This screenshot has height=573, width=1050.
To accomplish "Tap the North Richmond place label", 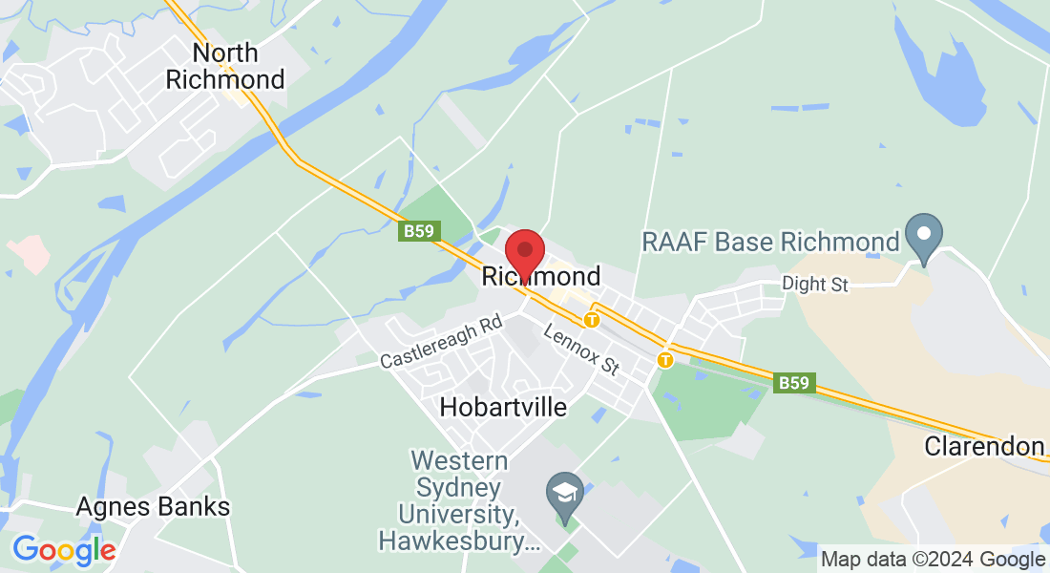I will [225, 65].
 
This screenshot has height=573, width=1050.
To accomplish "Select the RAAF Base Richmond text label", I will [771, 242].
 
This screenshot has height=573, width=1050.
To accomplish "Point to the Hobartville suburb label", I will [503, 407].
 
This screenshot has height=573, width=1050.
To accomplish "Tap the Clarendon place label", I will [984, 446].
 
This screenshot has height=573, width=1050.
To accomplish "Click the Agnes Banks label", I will [153, 506].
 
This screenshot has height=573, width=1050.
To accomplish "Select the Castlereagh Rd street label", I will [441, 342].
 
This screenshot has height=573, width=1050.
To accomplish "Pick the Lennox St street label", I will [581, 349].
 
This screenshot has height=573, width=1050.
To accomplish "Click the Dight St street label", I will [814, 284].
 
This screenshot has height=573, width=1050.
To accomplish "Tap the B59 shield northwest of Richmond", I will [414, 232].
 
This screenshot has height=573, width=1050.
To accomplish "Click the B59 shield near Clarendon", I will [793, 383].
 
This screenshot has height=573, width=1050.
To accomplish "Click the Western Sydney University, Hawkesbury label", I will [460, 501].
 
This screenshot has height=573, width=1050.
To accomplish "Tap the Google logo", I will [64, 550].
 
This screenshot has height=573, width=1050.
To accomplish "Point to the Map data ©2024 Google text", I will [934, 559].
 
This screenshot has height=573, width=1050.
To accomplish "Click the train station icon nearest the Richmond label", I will [592, 320].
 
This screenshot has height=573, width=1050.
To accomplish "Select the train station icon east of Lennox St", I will [665, 359].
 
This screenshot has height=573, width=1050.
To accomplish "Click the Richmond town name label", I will [541, 277].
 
